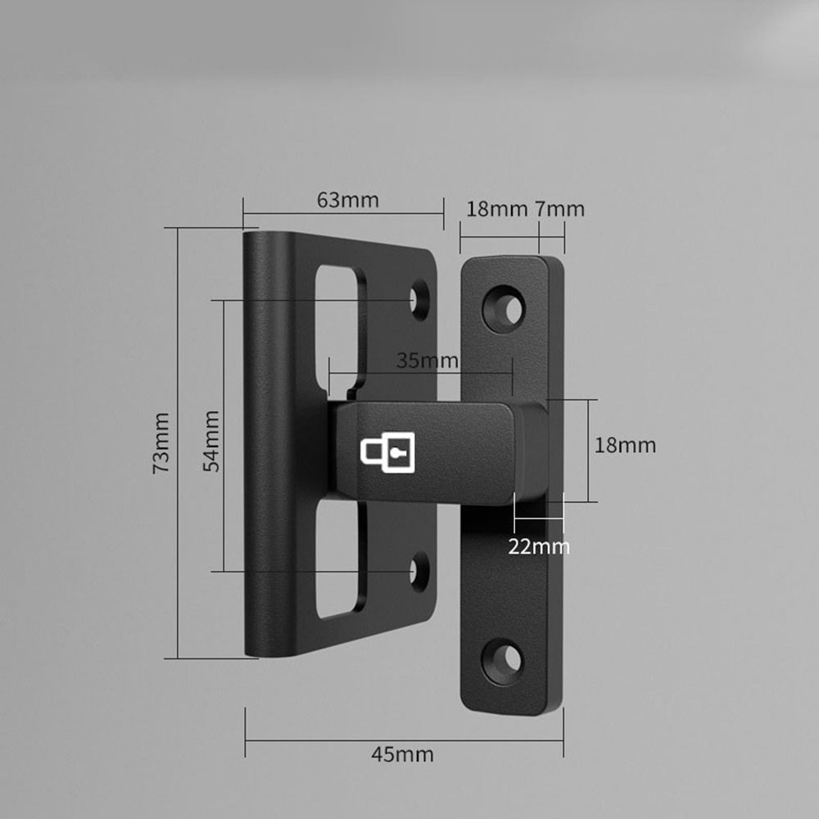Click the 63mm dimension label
[x=348, y=200]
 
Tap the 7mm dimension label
[x=560, y=209]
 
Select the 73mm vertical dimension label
[x=161, y=442]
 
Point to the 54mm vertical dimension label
[x=210, y=441]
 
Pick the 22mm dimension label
[x=538, y=546]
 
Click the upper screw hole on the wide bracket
[x=421, y=299]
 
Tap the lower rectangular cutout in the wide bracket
[x=337, y=557]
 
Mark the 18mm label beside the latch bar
[x=625, y=446]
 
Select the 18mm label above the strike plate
[x=496, y=209]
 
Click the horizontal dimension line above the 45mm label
[x=404, y=741]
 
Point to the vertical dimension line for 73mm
[x=177, y=442]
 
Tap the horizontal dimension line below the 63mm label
[x=343, y=214]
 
